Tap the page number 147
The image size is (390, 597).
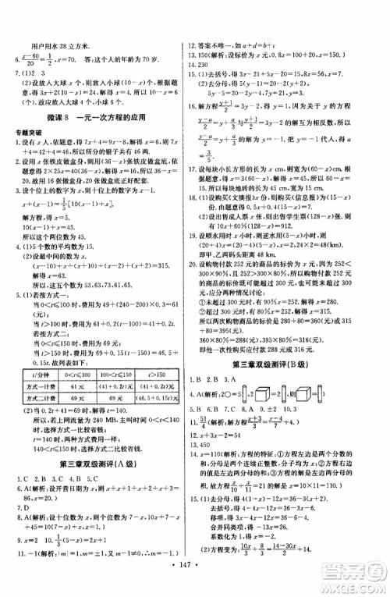pos(195,583)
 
